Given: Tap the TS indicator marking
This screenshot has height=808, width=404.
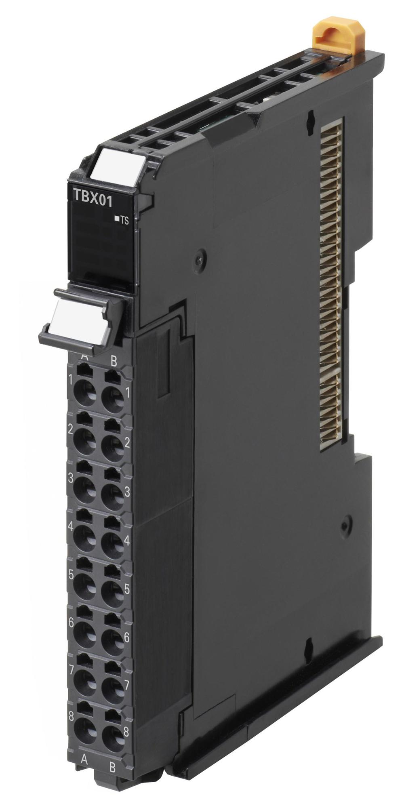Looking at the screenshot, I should tap(122, 220).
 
